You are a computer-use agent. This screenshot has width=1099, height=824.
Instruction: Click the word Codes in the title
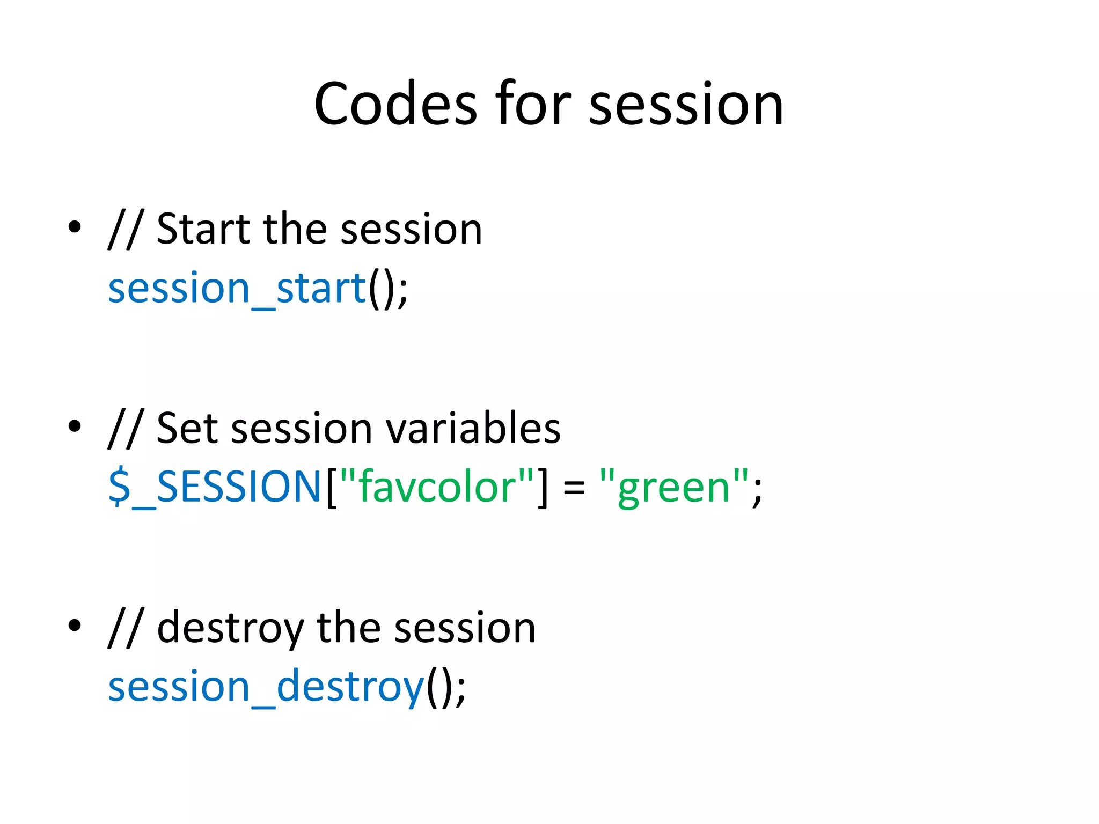(x=395, y=104)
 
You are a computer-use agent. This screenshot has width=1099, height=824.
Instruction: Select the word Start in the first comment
(x=203, y=230)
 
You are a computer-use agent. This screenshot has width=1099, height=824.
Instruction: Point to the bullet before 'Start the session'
(x=75, y=227)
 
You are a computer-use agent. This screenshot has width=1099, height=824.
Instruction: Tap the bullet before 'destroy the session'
(x=75, y=625)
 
